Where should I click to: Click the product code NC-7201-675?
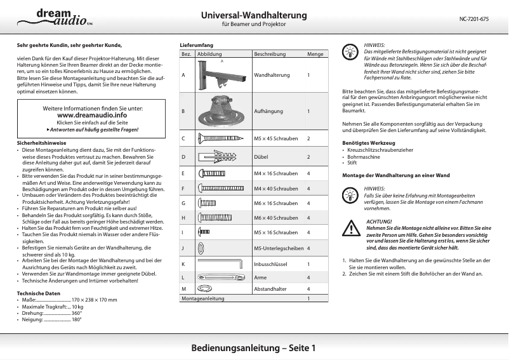click(473, 19)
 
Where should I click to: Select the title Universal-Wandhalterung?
click(254, 15)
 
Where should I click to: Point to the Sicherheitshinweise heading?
click(41, 143)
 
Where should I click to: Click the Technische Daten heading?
click(39, 293)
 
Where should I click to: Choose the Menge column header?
click(315, 55)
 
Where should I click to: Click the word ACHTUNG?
click(380, 220)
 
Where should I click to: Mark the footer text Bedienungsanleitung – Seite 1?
click(254, 348)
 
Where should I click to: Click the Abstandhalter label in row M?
click(270, 289)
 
